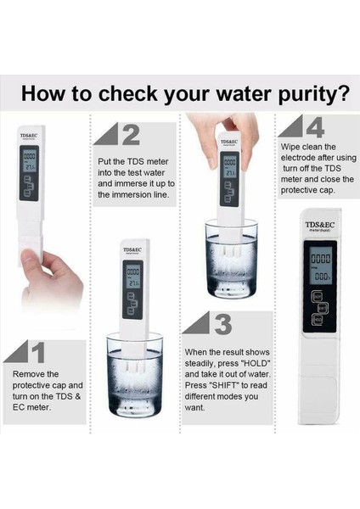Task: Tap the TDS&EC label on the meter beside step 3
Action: [133, 252]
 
